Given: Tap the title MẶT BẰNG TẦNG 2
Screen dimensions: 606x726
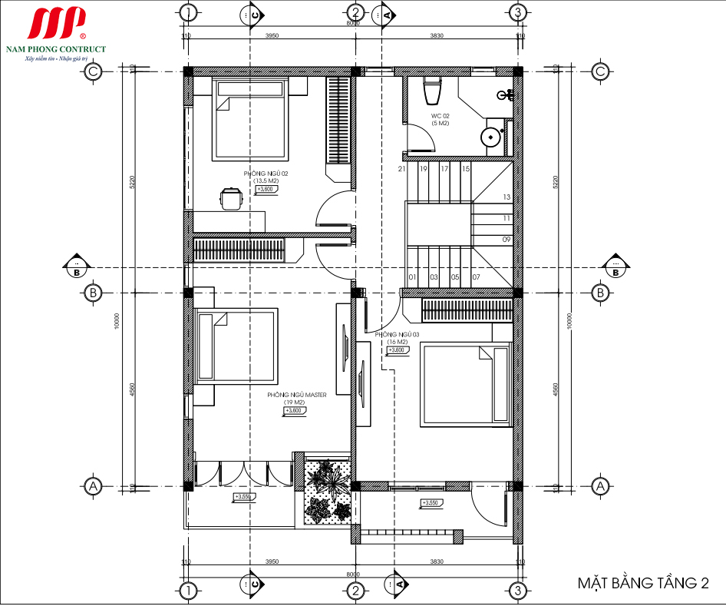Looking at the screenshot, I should [642, 584].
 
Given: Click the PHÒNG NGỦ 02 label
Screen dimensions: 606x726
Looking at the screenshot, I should [266, 174].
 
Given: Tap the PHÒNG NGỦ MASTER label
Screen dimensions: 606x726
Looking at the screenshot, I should [297, 395].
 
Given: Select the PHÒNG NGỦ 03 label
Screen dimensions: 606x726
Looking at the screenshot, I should [398, 335].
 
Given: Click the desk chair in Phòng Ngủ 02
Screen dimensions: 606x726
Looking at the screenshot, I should [230, 198].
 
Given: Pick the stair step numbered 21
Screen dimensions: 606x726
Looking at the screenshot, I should [402, 169].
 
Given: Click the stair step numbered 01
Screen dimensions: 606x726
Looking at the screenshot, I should [412, 277].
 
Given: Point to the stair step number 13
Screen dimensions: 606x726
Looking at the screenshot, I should [507, 197].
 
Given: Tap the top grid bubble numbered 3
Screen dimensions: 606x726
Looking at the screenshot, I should [519, 12].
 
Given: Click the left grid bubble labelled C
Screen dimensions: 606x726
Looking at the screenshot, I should [93, 71].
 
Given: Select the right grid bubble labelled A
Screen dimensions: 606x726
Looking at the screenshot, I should [600, 486].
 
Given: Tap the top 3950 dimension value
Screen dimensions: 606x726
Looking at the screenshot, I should [270, 35].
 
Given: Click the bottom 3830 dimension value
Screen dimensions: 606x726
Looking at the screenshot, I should [437, 561].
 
